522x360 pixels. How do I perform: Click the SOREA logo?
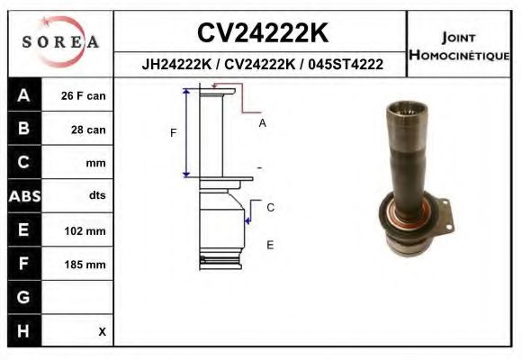pyautogui.click(x=59, y=42)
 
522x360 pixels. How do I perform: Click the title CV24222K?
pyautogui.click(x=262, y=32)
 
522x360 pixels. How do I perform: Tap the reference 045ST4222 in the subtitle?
pyautogui.click(x=346, y=65)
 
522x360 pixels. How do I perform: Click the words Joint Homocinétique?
pyautogui.click(x=458, y=46)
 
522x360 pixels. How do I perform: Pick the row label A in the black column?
pyautogui.click(x=23, y=95)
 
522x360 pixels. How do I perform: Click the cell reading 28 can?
pyautogui.click(x=88, y=130)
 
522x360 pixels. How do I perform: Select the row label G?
pyautogui.click(x=23, y=297)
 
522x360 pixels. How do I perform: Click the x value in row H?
pyautogui.click(x=102, y=331)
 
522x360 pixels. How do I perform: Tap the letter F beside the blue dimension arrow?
pyautogui.click(x=174, y=133)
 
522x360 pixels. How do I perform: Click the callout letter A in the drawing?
pyautogui.click(x=262, y=123)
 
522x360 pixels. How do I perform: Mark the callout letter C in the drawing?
pyautogui.click(x=270, y=207)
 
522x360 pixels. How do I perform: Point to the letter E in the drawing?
pyautogui.click(x=270, y=244)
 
